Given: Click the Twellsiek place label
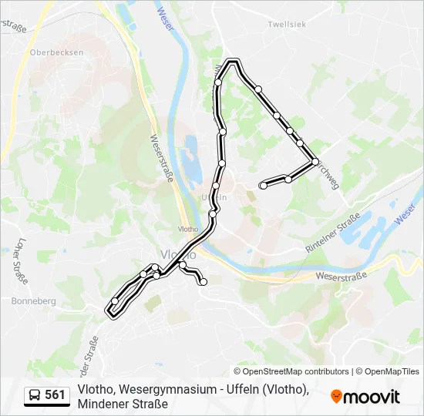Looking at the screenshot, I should click(287, 25).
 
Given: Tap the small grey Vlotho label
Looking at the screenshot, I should click(188, 229).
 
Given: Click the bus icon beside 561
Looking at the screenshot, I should click(35, 395).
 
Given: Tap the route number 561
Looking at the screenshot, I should click(55, 395).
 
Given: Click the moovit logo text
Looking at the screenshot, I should click(372, 397).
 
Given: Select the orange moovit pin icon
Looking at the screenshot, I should click(336, 397).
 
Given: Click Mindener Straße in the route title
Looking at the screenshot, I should click(123, 404).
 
